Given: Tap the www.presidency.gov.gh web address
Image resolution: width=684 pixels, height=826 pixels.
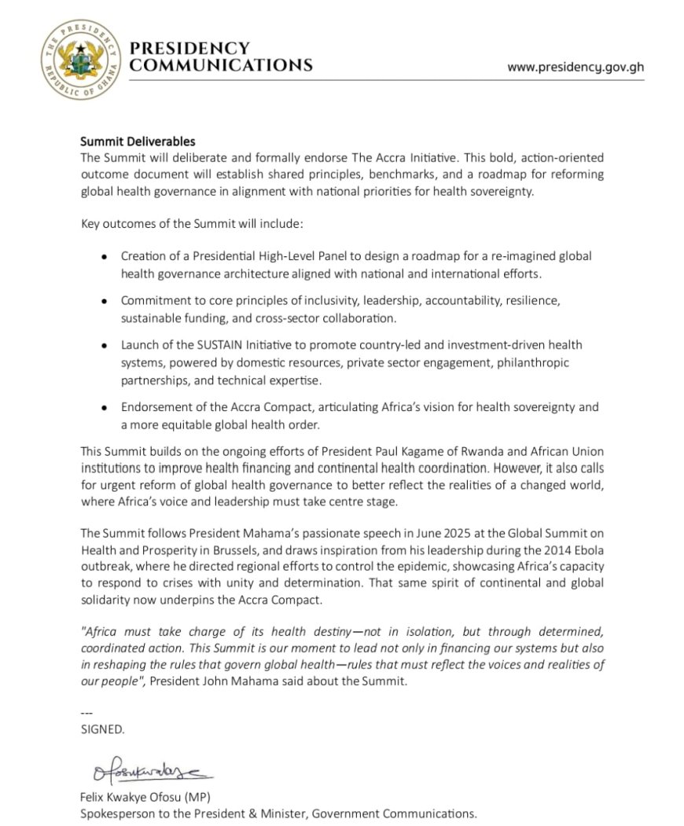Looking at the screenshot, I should (576, 68).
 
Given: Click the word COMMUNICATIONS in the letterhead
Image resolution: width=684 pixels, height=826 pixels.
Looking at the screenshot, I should (221, 65).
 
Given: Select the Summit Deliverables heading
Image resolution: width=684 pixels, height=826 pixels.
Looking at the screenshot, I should (138, 142).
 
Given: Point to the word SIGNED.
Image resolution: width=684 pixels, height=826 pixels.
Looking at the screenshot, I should (102, 729).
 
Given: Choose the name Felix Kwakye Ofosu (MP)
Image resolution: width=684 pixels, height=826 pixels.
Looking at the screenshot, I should (145, 796).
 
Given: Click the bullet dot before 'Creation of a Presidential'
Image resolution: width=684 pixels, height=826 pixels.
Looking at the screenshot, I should (105, 257).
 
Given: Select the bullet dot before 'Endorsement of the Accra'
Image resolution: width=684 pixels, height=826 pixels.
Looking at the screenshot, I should (105, 407).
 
